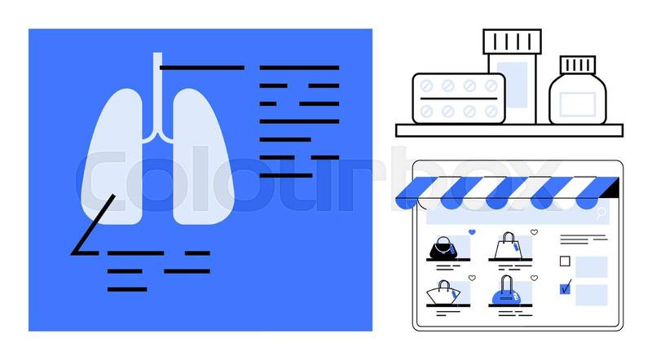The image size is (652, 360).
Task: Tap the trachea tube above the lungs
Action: tap(156, 90)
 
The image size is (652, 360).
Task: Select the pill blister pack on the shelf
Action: tap(457, 98)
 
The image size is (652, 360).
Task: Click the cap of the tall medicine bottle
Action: tap(512, 42)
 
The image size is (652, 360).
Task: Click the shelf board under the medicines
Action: tap(509, 130)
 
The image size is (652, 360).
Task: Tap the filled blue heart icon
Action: tap(472, 232)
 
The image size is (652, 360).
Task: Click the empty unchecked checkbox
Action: tap(565, 261)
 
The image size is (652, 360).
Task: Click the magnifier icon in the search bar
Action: tap(601, 213)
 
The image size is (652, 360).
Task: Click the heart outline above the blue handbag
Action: tap(534, 278)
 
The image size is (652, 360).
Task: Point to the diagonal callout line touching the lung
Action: tap(94, 223)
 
